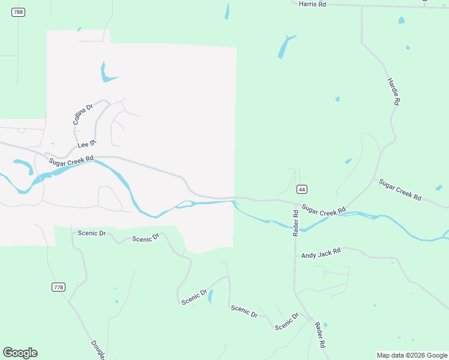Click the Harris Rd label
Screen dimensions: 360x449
(312, 4)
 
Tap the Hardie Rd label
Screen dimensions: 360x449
(393, 92)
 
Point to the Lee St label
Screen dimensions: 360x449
(86, 144)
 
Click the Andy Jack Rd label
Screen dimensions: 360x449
(321, 254)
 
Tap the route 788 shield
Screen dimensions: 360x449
(18, 12)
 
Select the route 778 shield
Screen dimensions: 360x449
(58, 287)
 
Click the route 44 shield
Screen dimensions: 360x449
(302, 189)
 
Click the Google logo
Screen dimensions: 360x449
(20, 353)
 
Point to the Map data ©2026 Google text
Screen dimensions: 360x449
(412, 355)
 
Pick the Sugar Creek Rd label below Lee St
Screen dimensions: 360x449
(72, 161)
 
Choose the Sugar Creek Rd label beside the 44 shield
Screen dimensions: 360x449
(324, 210)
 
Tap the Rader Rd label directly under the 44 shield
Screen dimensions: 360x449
(295, 222)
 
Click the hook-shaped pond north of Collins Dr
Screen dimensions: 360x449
(107, 74)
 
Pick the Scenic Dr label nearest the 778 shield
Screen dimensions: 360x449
(91, 233)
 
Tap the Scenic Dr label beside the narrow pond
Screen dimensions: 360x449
(194, 297)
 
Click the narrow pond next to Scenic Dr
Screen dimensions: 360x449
(210, 298)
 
